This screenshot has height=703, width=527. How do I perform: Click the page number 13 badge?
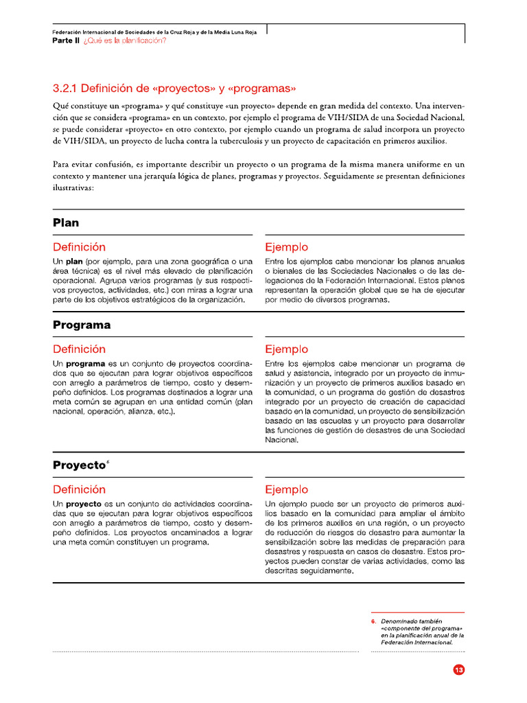[459, 670]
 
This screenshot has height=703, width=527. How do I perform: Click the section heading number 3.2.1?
[67, 89]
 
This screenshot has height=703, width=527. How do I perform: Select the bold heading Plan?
[66, 222]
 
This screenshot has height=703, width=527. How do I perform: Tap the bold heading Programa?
[82, 325]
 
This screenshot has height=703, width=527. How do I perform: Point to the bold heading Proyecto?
[79, 465]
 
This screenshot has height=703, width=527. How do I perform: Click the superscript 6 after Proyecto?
[108, 462]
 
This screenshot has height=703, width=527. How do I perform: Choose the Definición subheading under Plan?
[79, 247]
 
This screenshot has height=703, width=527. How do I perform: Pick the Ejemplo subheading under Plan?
[286, 247]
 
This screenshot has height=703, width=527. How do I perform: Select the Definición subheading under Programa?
[79, 349]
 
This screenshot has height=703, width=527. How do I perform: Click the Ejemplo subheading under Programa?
[286, 349]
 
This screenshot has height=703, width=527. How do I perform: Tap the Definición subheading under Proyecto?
[79, 489]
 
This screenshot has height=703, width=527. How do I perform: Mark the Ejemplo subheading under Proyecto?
[286, 489]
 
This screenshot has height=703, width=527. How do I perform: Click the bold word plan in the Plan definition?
[74, 262]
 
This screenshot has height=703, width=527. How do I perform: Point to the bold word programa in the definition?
[85, 363]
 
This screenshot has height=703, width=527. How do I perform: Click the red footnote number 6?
[373, 621]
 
